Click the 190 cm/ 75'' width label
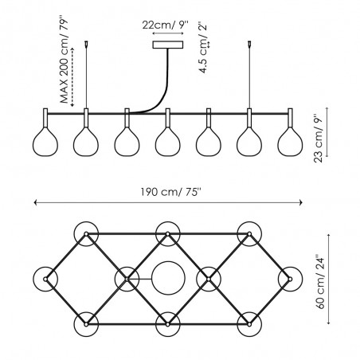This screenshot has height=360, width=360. [171, 192]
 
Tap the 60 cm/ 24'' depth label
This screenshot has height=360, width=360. [321, 282]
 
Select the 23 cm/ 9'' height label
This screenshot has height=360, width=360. [319, 139]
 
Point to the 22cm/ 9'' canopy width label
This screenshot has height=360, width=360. [165, 25]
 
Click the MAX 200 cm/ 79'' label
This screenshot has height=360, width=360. [65, 61]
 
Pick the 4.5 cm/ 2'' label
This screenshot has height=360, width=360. [203, 48]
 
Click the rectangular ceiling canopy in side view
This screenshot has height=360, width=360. [168, 45]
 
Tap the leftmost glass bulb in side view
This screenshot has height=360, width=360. [45, 142]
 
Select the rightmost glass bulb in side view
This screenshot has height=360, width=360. [290, 142]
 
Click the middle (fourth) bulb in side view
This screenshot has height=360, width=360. [167, 142]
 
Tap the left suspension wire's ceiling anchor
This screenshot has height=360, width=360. [86, 44]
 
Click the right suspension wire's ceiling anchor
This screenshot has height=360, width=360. [249, 44]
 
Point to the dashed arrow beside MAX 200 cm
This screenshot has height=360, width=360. [72, 77]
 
